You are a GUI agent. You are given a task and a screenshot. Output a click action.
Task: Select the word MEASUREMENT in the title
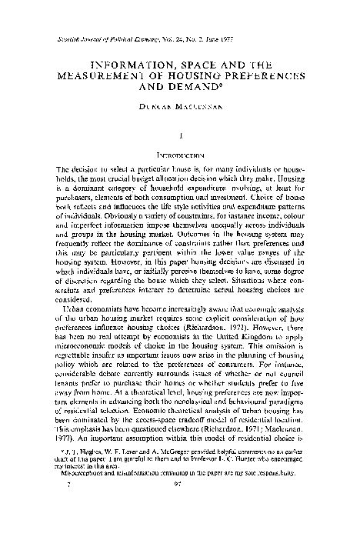pos(103,78)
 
